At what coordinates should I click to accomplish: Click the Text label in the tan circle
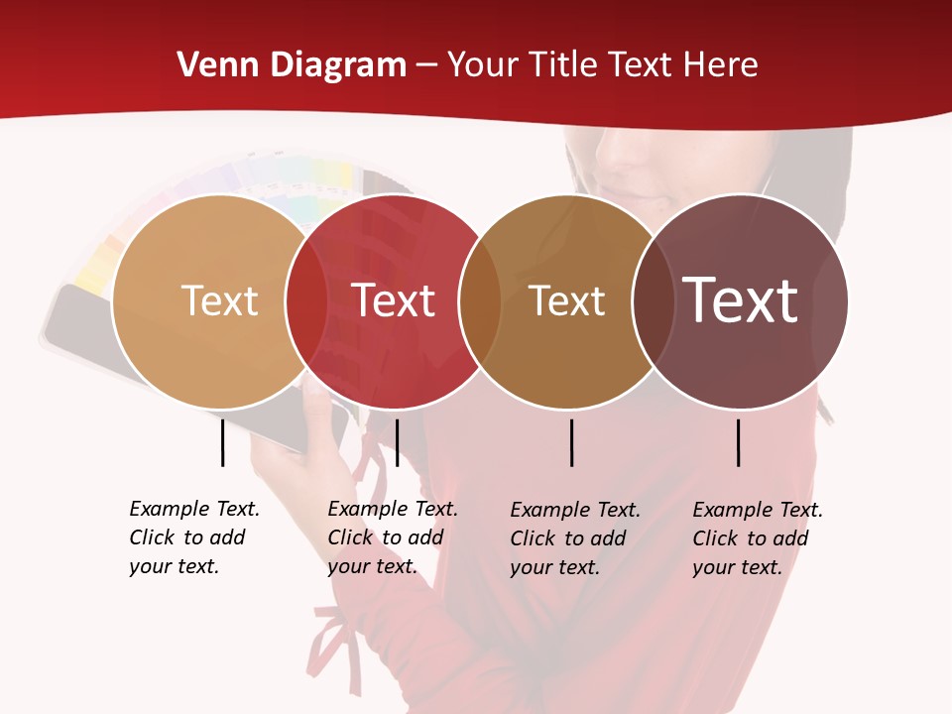[x=219, y=300]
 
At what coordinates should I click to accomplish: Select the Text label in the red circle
[x=394, y=300]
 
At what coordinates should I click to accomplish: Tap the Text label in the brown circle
[x=566, y=300]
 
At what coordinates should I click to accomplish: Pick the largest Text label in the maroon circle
[x=740, y=300]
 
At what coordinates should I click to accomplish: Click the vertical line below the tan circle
[x=222, y=442]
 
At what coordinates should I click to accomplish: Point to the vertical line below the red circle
[x=397, y=442]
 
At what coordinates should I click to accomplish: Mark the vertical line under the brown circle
[x=571, y=442]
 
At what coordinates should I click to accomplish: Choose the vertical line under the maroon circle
[x=739, y=442]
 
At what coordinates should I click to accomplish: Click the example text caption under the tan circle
[x=193, y=537]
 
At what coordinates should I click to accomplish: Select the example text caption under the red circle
[x=392, y=537]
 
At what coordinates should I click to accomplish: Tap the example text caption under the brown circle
[x=574, y=538]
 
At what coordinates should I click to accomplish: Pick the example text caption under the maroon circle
[x=757, y=538]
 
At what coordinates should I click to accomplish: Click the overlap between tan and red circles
[x=306, y=301]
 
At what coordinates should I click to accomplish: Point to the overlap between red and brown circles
[x=480, y=301]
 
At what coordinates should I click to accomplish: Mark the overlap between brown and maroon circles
[x=653, y=301]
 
